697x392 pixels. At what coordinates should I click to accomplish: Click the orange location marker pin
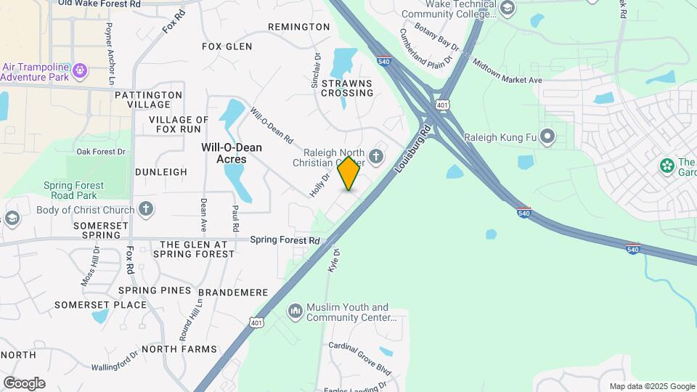(x=349, y=173)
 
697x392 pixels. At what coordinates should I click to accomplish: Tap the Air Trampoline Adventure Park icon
(x=81, y=70)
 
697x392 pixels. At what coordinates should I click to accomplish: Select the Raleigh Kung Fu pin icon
(x=547, y=136)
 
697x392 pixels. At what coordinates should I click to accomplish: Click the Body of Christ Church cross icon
(x=146, y=211)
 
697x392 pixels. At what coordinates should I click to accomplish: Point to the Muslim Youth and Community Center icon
(x=295, y=311)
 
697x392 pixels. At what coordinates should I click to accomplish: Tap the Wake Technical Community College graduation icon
(x=508, y=9)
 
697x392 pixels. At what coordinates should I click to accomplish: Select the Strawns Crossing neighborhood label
(x=347, y=88)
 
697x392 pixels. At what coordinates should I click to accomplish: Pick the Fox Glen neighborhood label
(x=227, y=46)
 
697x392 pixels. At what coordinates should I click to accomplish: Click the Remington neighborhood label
(x=298, y=27)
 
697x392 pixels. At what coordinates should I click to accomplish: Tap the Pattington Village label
(x=148, y=99)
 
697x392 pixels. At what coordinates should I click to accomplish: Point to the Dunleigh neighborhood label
(x=160, y=172)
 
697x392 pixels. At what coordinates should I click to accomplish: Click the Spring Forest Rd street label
(x=285, y=240)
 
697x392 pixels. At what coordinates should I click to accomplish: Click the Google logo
(x=24, y=383)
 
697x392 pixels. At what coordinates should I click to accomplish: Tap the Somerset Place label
(x=100, y=305)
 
